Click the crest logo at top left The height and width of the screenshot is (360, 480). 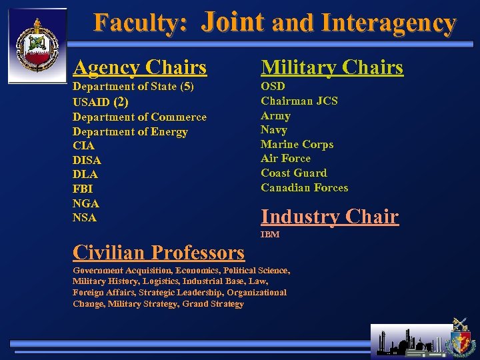pyautogui.click(x=37, y=45)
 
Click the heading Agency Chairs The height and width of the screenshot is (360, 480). pyautogui.click(x=140, y=67)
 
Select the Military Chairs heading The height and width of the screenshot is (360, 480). pyautogui.click(x=332, y=67)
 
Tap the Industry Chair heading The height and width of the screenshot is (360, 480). pyautogui.click(x=329, y=217)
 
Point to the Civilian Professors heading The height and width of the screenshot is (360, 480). pyautogui.click(x=159, y=253)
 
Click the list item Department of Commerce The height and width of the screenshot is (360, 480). pyautogui.click(x=139, y=117)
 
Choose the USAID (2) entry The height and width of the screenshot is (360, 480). pyautogui.click(x=100, y=103)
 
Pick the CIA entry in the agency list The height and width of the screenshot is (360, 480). pyautogui.click(x=83, y=146)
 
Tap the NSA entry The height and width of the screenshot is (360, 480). pyautogui.click(x=85, y=218)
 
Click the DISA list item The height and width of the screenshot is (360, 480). pyautogui.click(x=87, y=161)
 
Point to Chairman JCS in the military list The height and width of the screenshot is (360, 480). pyautogui.click(x=299, y=101)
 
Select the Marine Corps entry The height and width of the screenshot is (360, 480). pyautogui.click(x=297, y=145)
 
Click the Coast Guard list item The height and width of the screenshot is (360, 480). pyautogui.click(x=294, y=173)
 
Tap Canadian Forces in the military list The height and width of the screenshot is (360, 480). pyautogui.click(x=304, y=188)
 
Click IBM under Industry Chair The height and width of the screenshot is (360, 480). pyautogui.click(x=270, y=235)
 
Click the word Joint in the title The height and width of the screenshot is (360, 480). pyautogui.click(x=233, y=22)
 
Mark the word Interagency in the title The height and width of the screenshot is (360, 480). pyautogui.click(x=389, y=23)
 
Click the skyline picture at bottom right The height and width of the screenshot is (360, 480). pyautogui.click(x=411, y=340)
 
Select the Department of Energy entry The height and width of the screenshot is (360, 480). pyautogui.click(x=130, y=132)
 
